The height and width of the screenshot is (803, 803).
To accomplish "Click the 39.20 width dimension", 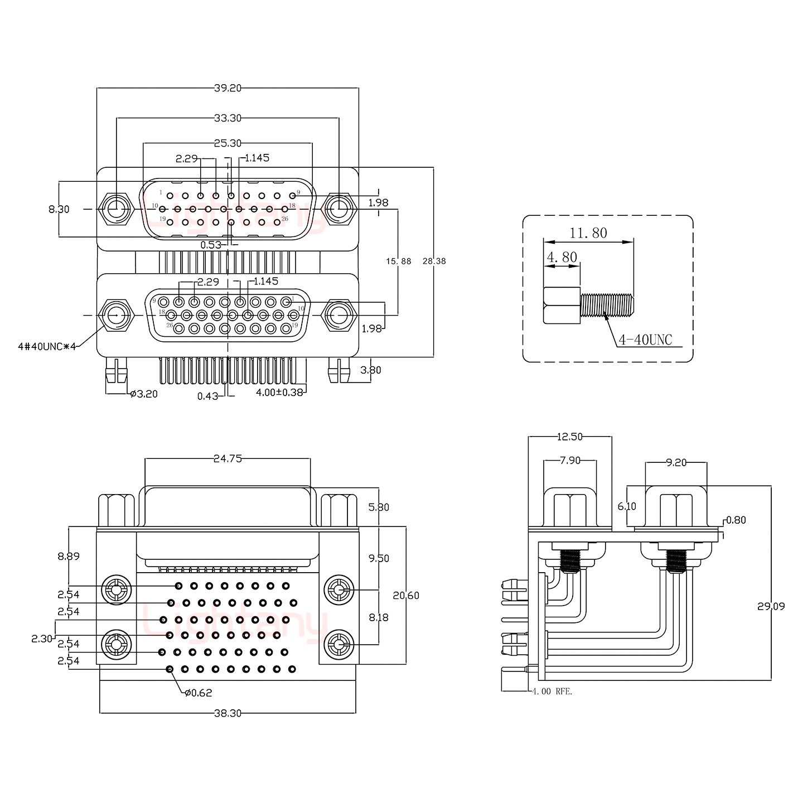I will coord(227,88).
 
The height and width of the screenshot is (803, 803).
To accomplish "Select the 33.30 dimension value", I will coord(228,118).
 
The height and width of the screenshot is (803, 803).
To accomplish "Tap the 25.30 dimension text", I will coord(228,143).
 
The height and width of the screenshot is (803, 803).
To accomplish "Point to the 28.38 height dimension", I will coord(434,260).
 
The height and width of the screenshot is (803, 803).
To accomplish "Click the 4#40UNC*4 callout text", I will coord(46,346).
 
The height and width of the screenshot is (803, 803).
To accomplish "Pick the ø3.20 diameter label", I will coord(144,394).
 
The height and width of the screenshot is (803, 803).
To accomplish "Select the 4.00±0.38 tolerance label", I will coord(279,392).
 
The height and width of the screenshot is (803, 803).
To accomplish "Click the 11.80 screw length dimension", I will coord(588,233).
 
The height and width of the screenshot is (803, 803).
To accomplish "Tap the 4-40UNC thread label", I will coord(645,340).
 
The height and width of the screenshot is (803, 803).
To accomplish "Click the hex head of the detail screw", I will coord(561,306).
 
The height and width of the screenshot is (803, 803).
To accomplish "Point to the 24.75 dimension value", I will coord(227,459).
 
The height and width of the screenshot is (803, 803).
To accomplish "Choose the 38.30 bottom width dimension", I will coord(227,713).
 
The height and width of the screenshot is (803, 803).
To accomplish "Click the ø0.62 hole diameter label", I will coord(198,693).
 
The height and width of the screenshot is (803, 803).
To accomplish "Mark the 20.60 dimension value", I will coord(406,596).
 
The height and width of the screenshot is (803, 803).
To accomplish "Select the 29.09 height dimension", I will coord(771,606).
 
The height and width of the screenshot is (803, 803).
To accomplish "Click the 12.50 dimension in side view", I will coord(569,437).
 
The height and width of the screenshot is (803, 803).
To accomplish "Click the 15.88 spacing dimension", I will coord(398,260).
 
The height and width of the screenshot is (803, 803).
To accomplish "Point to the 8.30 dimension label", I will coord(59,209).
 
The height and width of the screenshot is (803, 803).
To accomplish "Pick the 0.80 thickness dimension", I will coord(737,520).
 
